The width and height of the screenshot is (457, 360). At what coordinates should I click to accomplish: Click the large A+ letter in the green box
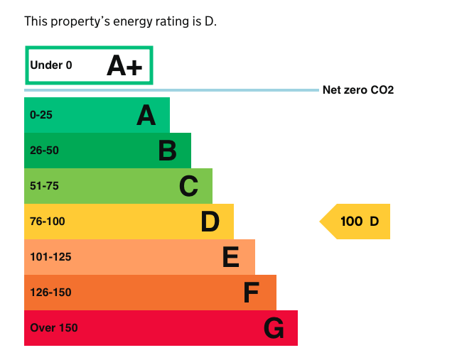pyautogui.click(x=124, y=65)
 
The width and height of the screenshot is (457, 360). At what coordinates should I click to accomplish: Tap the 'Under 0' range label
pyautogui.click(x=51, y=65)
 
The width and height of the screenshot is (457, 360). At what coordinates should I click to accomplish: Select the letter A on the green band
pyautogui.click(x=146, y=115)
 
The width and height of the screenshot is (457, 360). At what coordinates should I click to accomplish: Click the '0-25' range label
pyautogui.click(x=41, y=115)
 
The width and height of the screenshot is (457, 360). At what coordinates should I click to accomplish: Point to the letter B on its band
pyautogui.click(x=167, y=151)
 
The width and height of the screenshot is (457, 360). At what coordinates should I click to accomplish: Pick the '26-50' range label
pyautogui.click(x=44, y=151)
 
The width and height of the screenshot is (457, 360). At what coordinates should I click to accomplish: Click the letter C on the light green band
pyautogui.click(x=188, y=186)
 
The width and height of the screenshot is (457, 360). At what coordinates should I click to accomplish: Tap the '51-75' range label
pyautogui.click(x=44, y=186)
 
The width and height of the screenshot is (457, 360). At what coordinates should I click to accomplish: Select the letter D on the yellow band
pyautogui.click(x=210, y=222)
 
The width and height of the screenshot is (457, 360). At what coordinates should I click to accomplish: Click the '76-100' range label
pyautogui.click(x=47, y=222)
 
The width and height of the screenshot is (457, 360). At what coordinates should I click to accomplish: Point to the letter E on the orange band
pyautogui.click(x=230, y=257)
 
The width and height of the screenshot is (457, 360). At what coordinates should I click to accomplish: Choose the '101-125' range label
pyautogui.click(x=50, y=257)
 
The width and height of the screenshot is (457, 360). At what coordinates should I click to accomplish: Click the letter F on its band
pyautogui.click(x=251, y=293)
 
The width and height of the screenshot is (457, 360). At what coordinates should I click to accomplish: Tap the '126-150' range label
pyautogui.click(x=50, y=293)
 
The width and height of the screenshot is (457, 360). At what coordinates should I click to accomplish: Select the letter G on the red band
pyautogui.click(x=274, y=328)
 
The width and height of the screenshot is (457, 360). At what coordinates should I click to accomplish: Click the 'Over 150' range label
pyautogui.click(x=54, y=328)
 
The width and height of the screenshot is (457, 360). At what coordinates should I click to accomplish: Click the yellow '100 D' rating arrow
pyautogui.click(x=356, y=222)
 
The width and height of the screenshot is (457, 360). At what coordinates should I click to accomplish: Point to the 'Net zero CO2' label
pyautogui.click(x=357, y=90)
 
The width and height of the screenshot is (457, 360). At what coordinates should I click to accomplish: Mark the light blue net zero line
pyautogui.click(x=171, y=90)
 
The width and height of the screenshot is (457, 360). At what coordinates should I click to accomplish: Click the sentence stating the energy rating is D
pyautogui.click(x=120, y=21)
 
